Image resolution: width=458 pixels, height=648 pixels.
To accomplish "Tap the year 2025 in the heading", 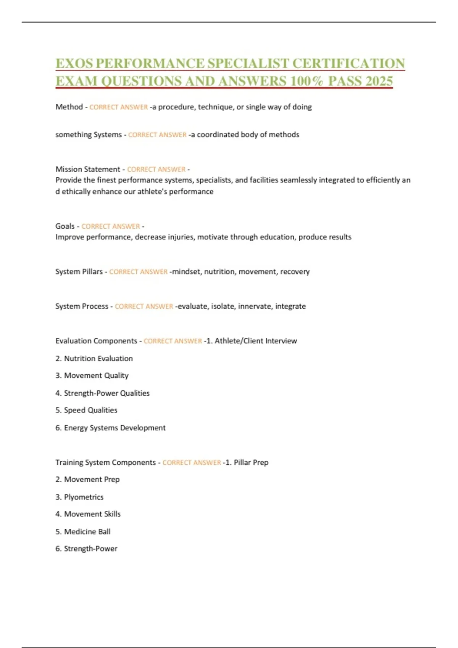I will coord(379,81).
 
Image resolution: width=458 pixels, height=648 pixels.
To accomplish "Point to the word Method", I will coord(69,107).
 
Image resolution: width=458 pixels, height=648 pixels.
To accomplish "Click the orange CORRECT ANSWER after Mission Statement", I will coord(156,169).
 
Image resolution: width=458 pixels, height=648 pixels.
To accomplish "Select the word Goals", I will coord(65,226).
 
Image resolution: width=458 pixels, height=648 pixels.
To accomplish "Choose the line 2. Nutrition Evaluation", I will coord(94,359).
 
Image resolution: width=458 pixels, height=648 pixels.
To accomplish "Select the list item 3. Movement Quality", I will coord(92,376).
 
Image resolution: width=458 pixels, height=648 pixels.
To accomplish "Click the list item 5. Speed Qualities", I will coord(86,411).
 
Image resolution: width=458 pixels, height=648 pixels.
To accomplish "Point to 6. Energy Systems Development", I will coord(110,428).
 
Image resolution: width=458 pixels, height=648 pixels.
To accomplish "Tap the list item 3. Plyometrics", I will coord(79,497).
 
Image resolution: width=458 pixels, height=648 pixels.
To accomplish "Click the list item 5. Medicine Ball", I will coord(83,532).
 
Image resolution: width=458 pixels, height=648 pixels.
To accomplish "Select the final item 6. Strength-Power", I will coord(86,549).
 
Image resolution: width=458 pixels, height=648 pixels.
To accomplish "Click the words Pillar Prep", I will coord(251,463).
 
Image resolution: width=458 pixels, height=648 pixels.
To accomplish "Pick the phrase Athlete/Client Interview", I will coord(256,341).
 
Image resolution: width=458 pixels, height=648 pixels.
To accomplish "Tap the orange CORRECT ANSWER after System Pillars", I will coord(138,272).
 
